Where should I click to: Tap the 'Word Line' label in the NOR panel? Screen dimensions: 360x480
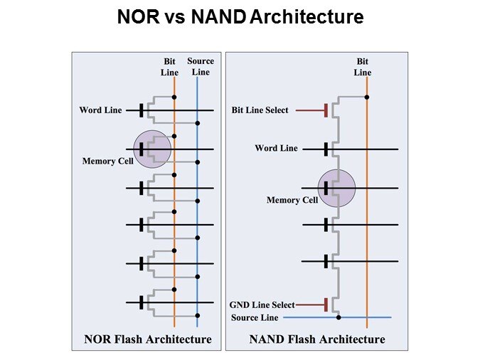[x=100, y=110]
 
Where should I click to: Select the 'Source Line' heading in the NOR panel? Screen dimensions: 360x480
[x=201, y=66]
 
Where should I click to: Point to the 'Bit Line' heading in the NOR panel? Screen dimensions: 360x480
[x=171, y=67]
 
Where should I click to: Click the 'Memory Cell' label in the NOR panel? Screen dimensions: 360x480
[x=108, y=162]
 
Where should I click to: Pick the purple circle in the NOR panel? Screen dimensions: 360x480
[x=152, y=149]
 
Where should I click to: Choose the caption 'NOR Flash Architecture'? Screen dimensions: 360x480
[x=147, y=339]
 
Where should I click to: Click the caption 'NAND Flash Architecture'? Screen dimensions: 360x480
[x=317, y=339]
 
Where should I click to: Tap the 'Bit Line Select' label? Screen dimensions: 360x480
[x=260, y=110]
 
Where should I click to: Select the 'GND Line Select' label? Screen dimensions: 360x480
[x=262, y=305]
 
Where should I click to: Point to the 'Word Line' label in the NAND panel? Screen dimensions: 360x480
[x=277, y=149]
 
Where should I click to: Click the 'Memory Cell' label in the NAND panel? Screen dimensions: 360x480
[x=292, y=201]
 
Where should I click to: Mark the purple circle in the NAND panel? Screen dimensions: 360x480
[x=336, y=188]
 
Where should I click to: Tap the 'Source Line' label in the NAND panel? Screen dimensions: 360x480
[x=255, y=317]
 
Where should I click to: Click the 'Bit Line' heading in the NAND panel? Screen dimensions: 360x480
[x=363, y=67]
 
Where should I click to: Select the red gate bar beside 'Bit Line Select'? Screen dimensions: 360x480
[x=326, y=110]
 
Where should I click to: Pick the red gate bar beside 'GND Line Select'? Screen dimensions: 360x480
[x=326, y=305]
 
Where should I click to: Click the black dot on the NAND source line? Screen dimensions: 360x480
[x=338, y=317]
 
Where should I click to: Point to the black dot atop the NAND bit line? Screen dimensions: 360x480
[x=367, y=97]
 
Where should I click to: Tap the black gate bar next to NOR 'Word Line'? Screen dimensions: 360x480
[x=142, y=110]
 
